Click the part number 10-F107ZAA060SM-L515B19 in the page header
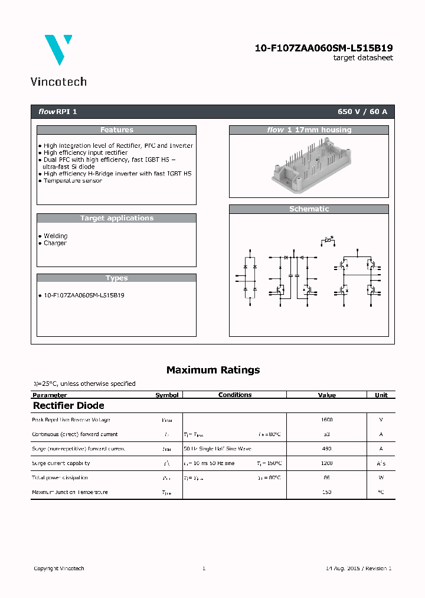[323, 48]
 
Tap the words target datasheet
[362, 58]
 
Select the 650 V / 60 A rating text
[362, 112]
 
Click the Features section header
[116, 130]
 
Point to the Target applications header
[116, 218]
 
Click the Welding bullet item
[55, 236]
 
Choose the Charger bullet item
[55, 243]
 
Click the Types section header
[116, 278]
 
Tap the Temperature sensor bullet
[73, 181]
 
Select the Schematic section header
[309, 209]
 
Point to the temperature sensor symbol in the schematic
[326, 240]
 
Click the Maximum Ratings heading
[212, 370]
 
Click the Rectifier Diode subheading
[68, 405]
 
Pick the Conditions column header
[234, 395]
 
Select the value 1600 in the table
[326, 420]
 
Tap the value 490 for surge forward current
[326, 448]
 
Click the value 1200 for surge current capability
[326, 463]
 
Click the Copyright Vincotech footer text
[58, 568]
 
